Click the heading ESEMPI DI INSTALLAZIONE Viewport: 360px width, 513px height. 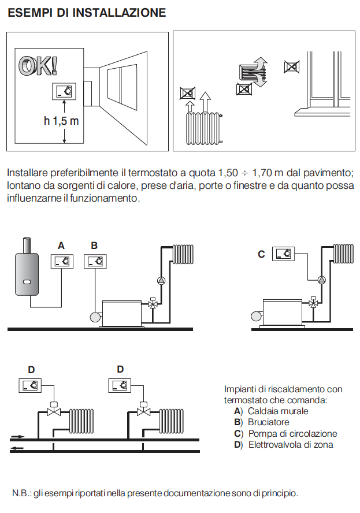coord(87,13)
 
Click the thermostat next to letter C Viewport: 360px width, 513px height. coord(284,254)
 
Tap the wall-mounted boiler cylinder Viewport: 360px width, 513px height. coord(27,269)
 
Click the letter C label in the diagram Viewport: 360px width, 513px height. coord(261,254)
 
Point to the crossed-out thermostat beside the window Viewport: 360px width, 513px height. coord(291,66)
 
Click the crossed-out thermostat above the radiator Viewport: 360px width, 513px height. coord(187,93)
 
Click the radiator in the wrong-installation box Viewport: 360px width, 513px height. coord(203,129)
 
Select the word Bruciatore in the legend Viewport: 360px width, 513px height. coord(269,422)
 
